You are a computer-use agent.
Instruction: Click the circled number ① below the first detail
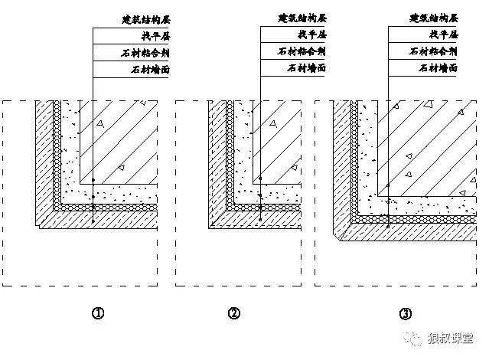(97, 313)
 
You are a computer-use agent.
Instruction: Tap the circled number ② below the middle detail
(234, 313)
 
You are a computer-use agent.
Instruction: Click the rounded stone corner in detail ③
(341, 228)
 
